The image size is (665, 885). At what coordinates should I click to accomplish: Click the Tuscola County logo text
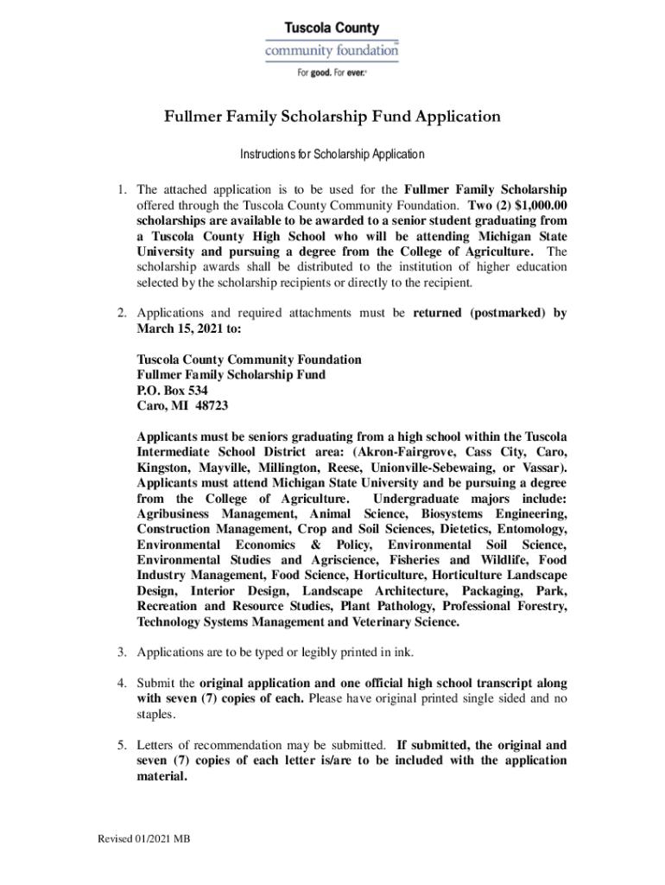point(332,29)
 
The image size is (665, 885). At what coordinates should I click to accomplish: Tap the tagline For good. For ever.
point(332,73)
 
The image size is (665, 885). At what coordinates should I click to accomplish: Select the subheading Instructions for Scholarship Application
point(332,155)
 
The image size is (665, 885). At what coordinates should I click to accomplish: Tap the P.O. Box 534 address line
point(172,390)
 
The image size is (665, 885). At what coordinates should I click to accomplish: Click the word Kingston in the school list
point(164,468)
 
